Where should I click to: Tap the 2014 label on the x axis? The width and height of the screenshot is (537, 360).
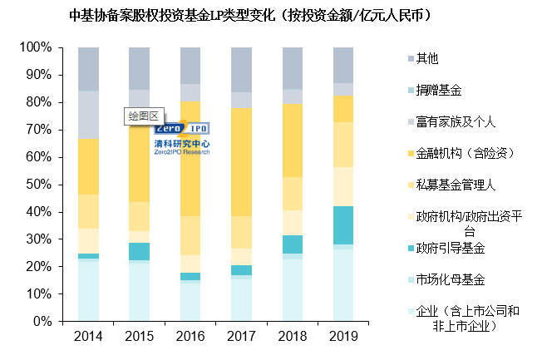pos(88,337)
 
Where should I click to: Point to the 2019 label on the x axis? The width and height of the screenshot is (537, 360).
pos(342,337)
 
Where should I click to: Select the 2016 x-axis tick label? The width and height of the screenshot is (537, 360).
pos(190,337)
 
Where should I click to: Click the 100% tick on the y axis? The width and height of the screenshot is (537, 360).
pos(36,48)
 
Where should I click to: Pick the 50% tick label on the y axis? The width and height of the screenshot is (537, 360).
pos(39,185)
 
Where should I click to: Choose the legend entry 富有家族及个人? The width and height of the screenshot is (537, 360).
pos(455,121)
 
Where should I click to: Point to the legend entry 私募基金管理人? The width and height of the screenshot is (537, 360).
pos(455,185)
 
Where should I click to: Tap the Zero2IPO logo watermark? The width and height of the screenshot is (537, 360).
pos(182,137)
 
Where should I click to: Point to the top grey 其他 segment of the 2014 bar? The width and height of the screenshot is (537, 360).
pos(88,69)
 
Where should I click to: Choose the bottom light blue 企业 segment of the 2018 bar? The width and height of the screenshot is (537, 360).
pos(292,290)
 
